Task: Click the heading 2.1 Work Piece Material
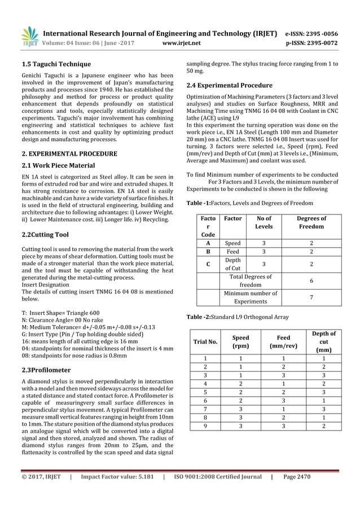(x=58, y=165)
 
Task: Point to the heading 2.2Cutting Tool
(x=45, y=234)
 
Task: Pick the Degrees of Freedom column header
(x=310, y=222)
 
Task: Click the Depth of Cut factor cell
(x=232, y=263)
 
